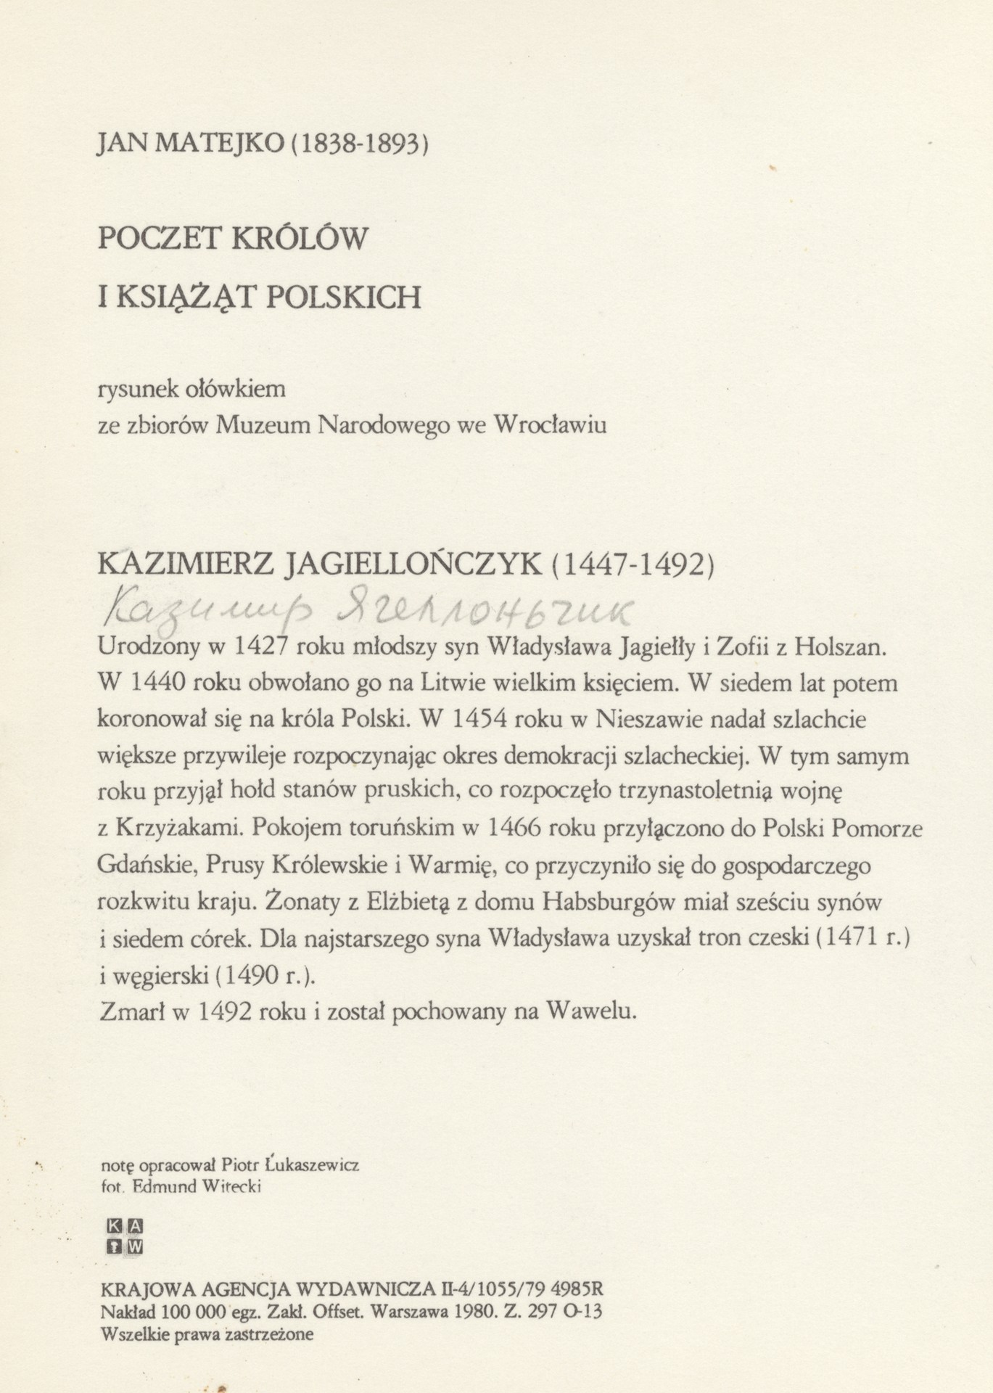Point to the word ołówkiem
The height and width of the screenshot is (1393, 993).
click(244, 390)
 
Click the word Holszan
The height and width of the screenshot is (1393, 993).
click(841, 647)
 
